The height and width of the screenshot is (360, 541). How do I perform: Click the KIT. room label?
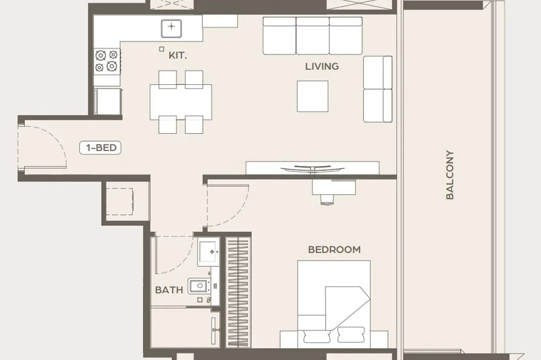178,55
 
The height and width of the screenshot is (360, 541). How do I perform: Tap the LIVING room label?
322,66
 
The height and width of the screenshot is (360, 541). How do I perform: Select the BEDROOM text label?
334,249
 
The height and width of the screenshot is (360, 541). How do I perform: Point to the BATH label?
169,290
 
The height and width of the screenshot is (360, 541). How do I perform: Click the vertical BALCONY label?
449,175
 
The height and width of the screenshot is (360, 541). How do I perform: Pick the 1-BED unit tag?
100,148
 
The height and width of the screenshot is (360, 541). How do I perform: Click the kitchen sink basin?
171,28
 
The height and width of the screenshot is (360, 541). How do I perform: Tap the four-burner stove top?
107,61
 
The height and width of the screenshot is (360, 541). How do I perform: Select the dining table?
181,102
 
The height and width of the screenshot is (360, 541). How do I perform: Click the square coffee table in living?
312,96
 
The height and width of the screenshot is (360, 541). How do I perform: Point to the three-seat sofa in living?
312,36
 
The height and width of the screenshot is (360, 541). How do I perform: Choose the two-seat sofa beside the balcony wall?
377,89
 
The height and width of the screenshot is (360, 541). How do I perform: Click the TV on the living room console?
312,169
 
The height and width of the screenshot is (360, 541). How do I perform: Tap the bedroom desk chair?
327,199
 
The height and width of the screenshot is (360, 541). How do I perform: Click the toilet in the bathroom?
198,286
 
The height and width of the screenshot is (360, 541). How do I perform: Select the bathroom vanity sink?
208,252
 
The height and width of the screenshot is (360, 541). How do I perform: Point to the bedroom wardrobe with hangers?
238,292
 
